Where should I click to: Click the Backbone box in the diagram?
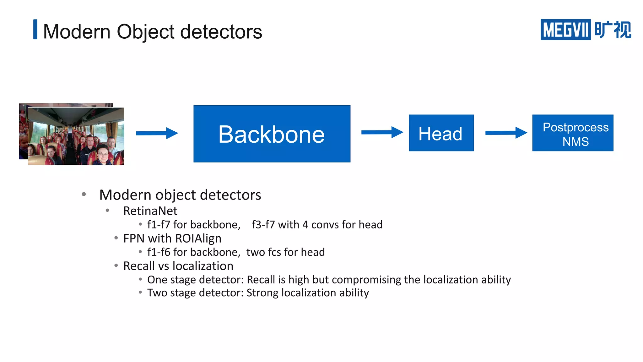coord(272,134)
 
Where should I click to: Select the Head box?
coord(441,133)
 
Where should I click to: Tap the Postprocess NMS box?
coord(573,133)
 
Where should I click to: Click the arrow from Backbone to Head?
coord(382,132)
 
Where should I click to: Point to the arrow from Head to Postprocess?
coord(506,133)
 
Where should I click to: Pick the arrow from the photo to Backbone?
coord(157,133)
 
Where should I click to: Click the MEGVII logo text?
coord(565,30)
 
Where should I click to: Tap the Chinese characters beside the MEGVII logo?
coord(613,30)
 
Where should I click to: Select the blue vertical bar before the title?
coord(35,30)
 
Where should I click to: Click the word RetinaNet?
coord(150,211)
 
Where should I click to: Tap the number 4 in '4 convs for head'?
coord(305,225)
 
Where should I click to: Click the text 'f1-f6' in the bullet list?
coord(159,252)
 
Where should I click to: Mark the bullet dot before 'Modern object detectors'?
coord(84,195)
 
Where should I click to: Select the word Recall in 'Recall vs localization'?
coord(139,266)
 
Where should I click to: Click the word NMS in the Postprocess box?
coord(575,142)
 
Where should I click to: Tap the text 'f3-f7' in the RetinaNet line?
coord(263,225)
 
